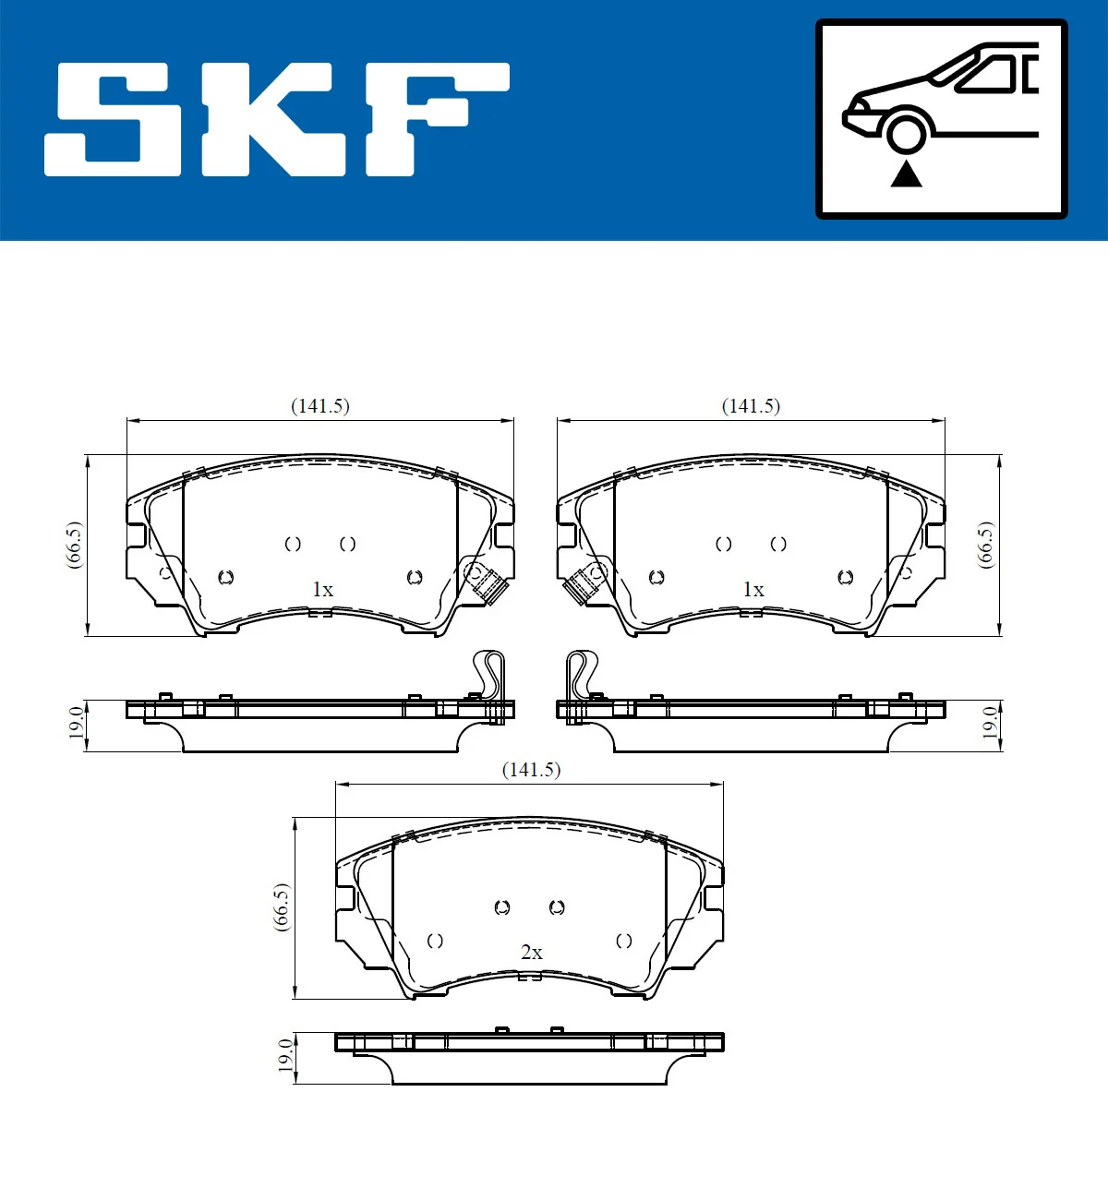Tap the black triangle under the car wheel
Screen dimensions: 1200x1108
[907, 174]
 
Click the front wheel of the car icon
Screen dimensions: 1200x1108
[907, 131]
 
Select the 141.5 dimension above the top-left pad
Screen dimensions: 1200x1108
[320, 406]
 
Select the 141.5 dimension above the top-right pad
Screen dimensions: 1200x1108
[751, 406]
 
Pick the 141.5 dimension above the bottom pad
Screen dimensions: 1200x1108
[531, 770]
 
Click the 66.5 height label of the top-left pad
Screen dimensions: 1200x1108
[74, 545]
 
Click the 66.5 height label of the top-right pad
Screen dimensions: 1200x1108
[986, 545]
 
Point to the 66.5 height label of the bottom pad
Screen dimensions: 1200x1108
[282, 907]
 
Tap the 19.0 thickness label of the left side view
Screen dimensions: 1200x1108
[76, 723]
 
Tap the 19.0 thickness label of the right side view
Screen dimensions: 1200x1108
[989, 723]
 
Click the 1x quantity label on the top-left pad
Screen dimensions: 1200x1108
[322, 590]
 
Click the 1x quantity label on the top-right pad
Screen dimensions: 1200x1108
[753, 590]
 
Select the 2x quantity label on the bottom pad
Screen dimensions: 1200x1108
[532, 953]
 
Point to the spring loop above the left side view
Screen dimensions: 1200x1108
[489, 674]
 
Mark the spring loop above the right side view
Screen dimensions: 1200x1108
[581, 674]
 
